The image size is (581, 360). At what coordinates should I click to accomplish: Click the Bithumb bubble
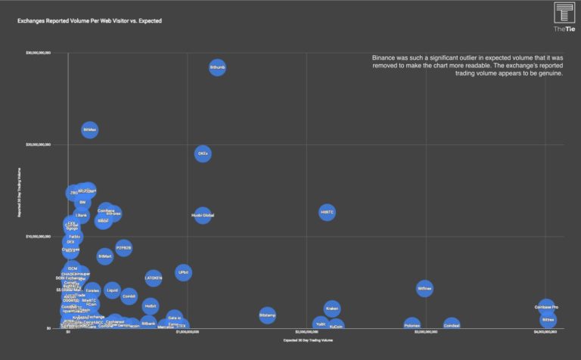point(217,67)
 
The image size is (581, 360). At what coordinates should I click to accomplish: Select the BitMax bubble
point(89,130)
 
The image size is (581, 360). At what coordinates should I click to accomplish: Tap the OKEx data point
point(203,154)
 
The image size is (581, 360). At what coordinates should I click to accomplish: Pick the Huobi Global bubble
point(203,216)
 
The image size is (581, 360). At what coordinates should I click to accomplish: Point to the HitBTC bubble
point(327,213)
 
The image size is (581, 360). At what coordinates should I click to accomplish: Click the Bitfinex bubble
point(424,288)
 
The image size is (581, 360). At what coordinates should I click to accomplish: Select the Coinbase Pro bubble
point(546,307)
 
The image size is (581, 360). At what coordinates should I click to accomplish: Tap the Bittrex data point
point(548,320)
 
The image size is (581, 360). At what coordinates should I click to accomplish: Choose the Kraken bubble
point(332,309)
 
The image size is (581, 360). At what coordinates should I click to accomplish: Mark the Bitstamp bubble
point(267,315)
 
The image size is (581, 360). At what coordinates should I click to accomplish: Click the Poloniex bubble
point(412,325)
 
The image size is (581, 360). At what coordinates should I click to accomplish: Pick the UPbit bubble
point(183,272)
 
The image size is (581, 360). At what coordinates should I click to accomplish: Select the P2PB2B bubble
point(123,247)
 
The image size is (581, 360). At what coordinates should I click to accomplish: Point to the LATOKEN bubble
point(154,278)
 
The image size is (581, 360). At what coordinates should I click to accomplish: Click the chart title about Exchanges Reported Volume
point(89,21)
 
